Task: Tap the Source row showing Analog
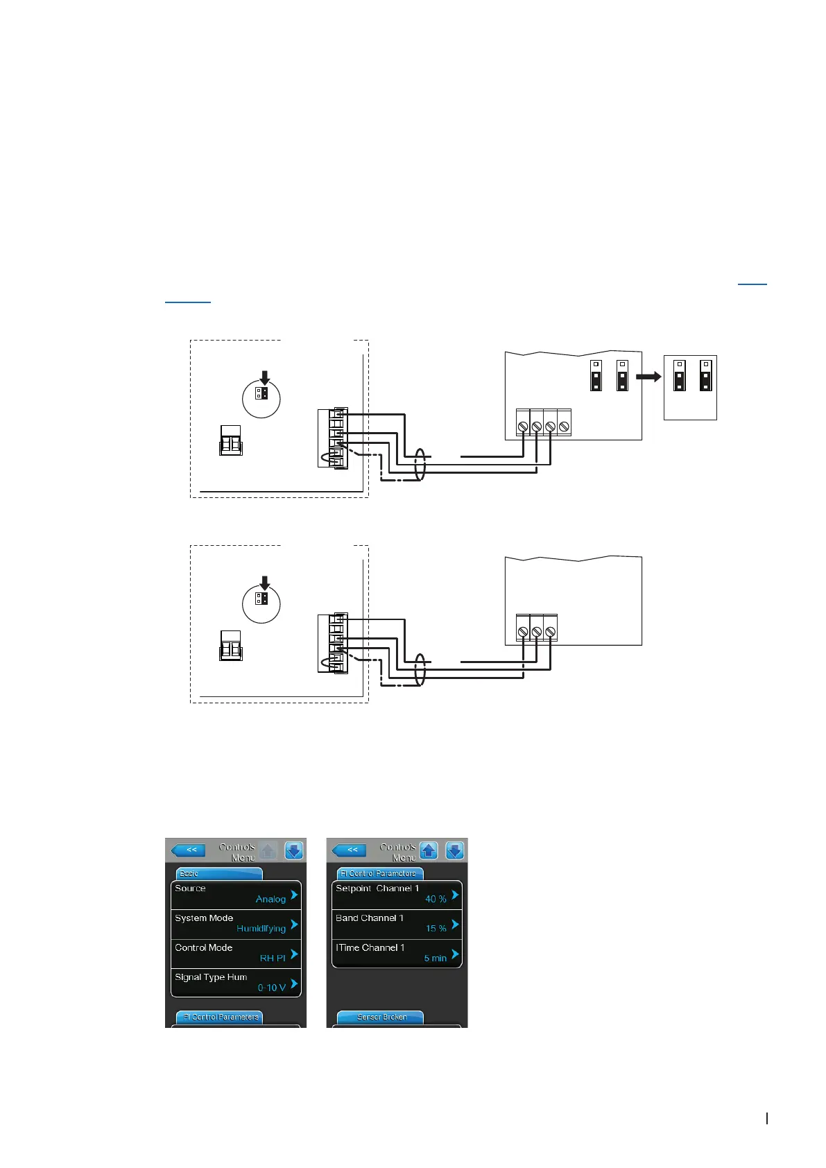point(236,894)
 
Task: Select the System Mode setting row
point(236,924)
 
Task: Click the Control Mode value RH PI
point(273,958)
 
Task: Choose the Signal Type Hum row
point(236,983)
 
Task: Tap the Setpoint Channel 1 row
point(397,894)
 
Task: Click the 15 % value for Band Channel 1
point(436,929)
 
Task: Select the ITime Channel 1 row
point(397,953)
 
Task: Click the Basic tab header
point(219,873)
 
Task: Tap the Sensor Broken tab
point(381,1017)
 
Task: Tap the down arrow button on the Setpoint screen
point(454,850)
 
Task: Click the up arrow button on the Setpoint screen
point(429,850)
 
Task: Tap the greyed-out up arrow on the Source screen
point(268,850)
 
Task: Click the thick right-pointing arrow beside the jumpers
point(648,377)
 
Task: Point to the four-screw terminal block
point(543,422)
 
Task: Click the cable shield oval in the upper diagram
point(419,465)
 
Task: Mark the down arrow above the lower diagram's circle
point(264,583)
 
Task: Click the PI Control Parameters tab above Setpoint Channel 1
point(379,873)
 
